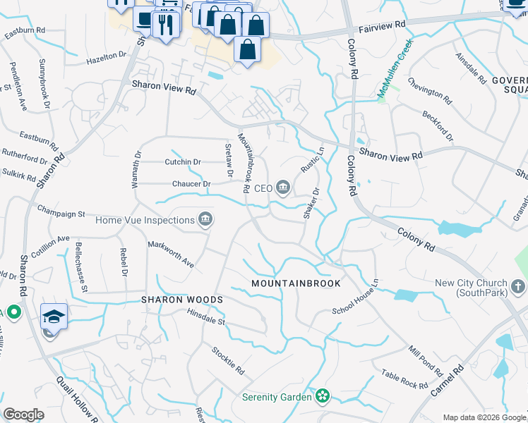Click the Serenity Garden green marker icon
323,397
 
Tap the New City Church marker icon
518,286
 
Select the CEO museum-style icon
283,188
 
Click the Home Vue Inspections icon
205,221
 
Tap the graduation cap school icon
54,317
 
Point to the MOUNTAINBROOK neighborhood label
296,283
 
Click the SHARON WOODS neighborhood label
182,300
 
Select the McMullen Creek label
395,68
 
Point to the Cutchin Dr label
183,162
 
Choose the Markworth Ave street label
170,254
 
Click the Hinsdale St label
205,321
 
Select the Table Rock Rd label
404,379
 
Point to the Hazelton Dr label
106,56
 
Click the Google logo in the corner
23,415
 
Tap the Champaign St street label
61,211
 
